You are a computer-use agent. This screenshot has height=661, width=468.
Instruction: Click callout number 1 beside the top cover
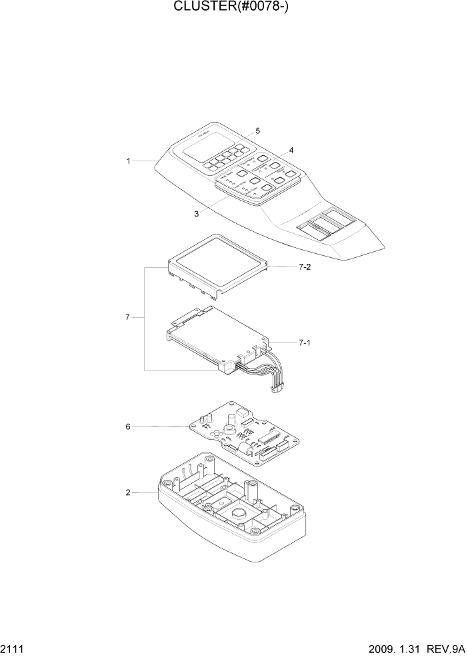127,161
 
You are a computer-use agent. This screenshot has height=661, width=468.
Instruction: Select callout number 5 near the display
257,131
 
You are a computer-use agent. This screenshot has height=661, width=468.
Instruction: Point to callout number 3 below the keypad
197,214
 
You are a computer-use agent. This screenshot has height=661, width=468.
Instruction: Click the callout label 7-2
305,267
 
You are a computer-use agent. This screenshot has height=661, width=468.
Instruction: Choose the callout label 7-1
305,342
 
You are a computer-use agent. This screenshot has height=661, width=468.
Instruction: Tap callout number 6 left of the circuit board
127,426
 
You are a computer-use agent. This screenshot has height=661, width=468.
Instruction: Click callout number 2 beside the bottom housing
127,493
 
